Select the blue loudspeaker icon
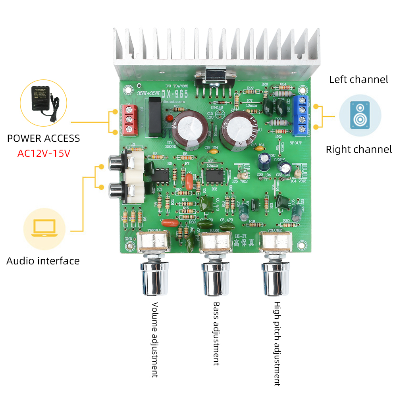pyautogui.click(x=360, y=115)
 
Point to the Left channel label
pyautogui.click(x=358, y=79)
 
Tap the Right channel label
pyautogui.click(x=358, y=150)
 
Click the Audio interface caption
pyautogui.click(x=43, y=261)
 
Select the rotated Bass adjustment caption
pyautogui.click(x=216, y=333)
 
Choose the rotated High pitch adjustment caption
pyautogui.click(x=277, y=343)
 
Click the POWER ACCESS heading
pyautogui.click(x=44, y=139)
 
